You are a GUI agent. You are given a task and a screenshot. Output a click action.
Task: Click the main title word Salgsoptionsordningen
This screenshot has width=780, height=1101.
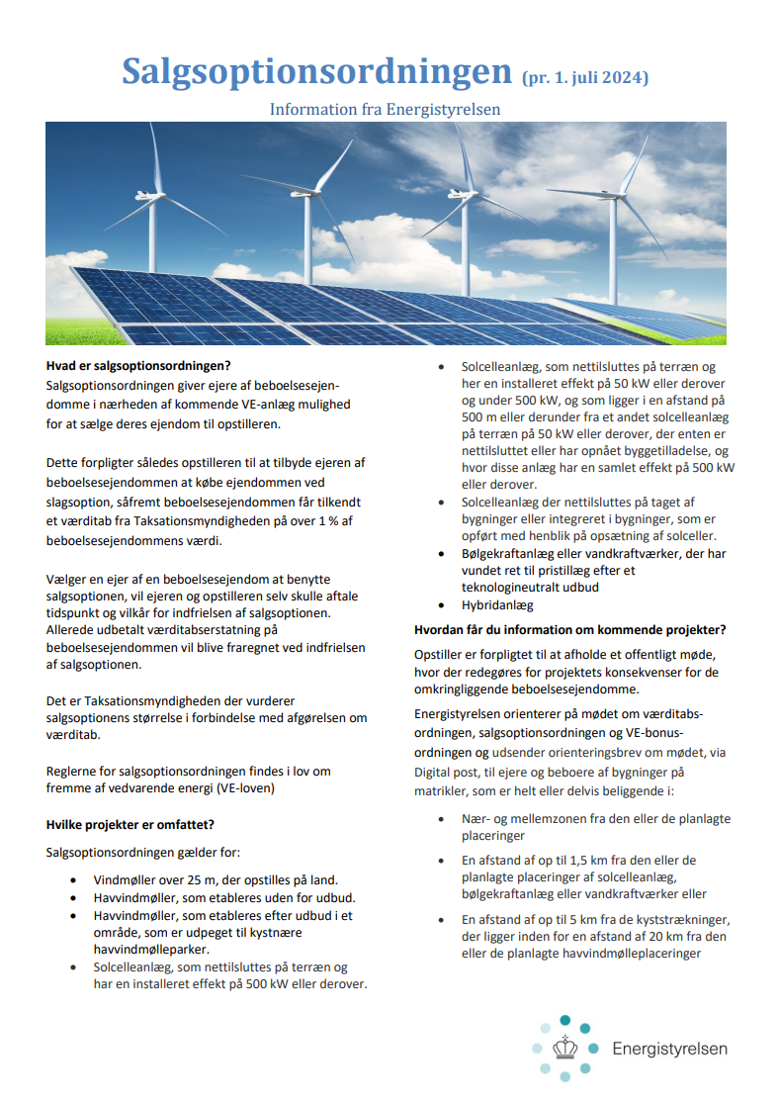(315, 71)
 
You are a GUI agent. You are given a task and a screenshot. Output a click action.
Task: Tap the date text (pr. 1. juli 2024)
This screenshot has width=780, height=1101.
(584, 77)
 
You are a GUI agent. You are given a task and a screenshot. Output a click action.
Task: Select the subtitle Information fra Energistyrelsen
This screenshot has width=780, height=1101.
(386, 109)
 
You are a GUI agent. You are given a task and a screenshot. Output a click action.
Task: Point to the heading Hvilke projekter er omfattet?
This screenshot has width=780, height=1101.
(130, 823)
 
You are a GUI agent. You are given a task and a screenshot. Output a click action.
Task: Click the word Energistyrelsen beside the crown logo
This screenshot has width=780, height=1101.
(669, 1049)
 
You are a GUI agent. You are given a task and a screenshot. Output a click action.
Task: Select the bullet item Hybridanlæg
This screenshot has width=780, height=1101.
(497, 604)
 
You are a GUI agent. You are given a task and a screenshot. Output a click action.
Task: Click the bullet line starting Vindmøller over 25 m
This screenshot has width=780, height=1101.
(216, 879)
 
